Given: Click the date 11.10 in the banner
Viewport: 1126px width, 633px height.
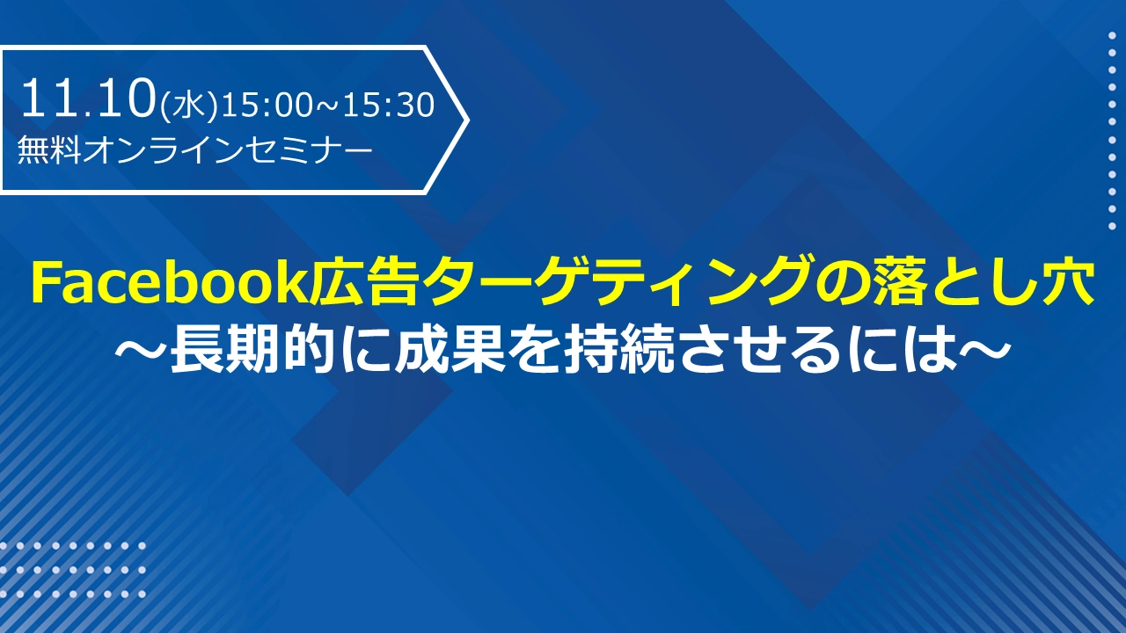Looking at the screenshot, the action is pyautogui.click(x=87, y=98).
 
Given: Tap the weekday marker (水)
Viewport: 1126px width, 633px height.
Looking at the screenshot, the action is pyautogui.click(x=188, y=106).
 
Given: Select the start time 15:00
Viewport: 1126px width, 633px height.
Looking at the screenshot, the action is pyautogui.click(x=266, y=105).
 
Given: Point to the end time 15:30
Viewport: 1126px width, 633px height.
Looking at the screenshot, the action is pyautogui.click(x=389, y=105).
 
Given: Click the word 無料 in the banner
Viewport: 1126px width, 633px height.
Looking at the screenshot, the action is pyautogui.click(x=49, y=149).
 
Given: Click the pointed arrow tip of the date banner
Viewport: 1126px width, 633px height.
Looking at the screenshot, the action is pyautogui.click(x=468, y=120).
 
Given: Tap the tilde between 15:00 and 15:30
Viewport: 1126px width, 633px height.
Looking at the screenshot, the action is pyautogui.click(x=328, y=106).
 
